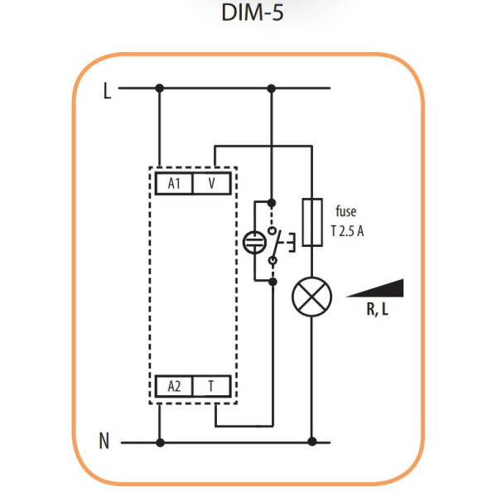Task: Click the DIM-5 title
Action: pyautogui.click(x=248, y=14)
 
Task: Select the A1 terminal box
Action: pyautogui.click(x=175, y=183)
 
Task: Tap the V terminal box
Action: pyautogui.click(x=212, y=183)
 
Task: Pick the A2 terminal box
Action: pyautogui.click(x=175, y=385)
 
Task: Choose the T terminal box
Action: pyautogui.click(x=212, y=385)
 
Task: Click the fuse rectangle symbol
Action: pyautogui.click(x=312, y=222)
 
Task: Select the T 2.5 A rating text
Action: pyautogui.click(x=346, y=231)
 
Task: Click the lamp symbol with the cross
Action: pyautogui.click(x=312, y=297)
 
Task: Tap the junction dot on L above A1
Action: pyautogui.click(x=160, y=87)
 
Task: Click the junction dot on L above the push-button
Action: pyautogui.click(x=272, y=87)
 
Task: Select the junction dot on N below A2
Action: pyautogui.click(x=160, y=442)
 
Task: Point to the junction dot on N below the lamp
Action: pyautogui.click(x=312, y=442)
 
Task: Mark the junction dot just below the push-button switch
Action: pyautogui.click(x=273, y=282)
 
